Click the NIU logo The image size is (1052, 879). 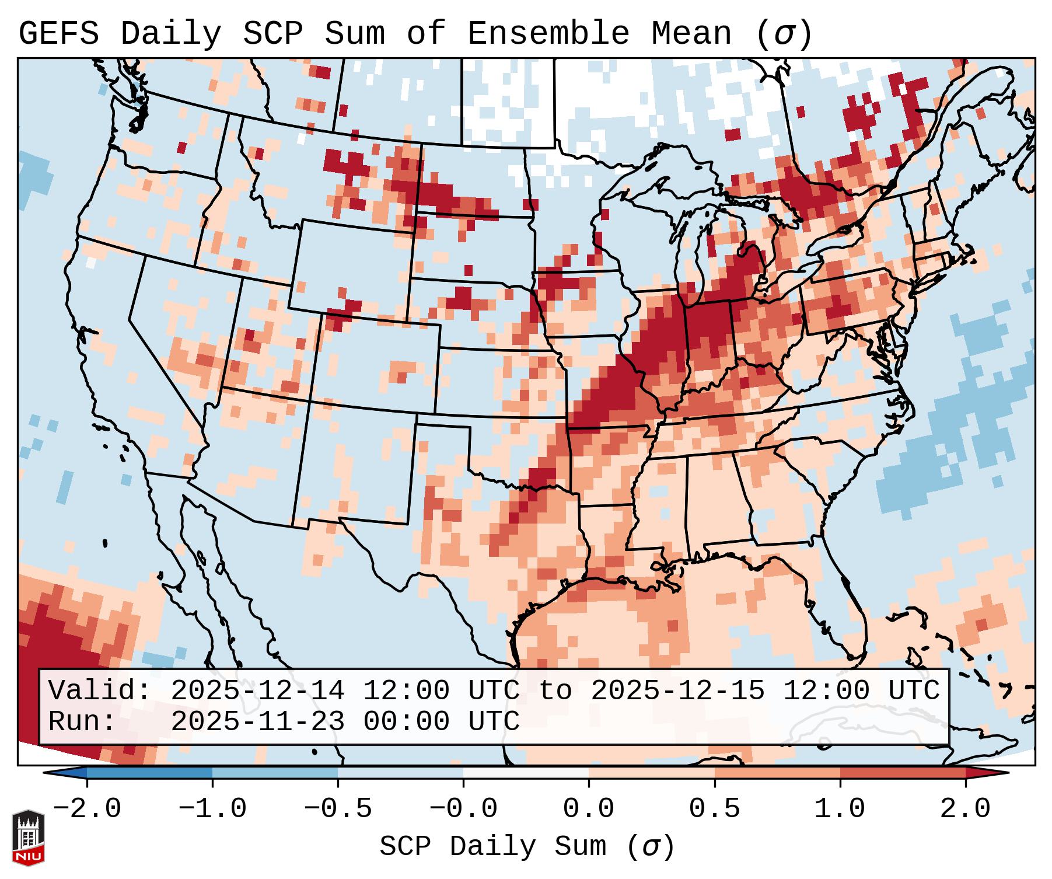28,838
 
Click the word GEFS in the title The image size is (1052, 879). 58,34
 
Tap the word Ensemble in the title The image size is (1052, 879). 548,34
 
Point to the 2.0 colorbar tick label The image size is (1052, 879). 965,809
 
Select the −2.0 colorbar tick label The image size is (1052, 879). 86,809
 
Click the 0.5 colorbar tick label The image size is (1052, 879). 714,809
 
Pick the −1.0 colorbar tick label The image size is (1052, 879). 212,809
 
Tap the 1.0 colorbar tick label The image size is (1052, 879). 840,809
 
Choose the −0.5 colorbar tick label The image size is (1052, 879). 337,809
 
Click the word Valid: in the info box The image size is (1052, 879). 100,691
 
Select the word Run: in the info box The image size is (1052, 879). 82,722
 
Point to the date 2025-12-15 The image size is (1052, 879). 677,691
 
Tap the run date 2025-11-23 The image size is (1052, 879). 257,722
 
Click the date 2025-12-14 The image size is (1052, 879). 257,691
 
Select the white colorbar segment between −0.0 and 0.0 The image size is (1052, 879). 526,773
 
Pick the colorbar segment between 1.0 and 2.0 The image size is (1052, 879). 902,773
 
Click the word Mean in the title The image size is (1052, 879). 690,34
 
